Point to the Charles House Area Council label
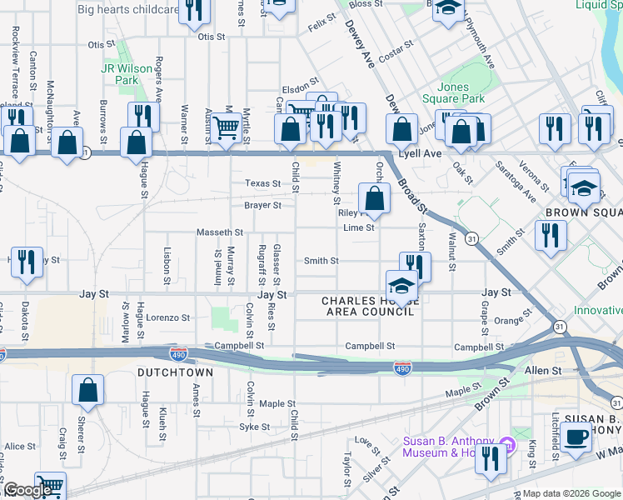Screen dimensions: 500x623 [367, 306]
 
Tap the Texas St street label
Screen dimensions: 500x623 [262, 183]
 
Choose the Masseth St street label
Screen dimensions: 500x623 [219, 232]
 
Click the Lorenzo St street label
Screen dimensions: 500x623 [168, 317]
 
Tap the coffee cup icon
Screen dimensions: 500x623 [576, 436]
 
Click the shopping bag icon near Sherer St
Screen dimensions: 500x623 [88, 389]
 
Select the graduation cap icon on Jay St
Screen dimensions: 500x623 [401, 284]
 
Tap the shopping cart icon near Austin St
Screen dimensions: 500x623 [225, 127]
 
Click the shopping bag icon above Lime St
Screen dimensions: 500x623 [375, 198]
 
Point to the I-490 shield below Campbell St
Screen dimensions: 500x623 [401, 367]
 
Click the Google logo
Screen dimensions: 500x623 [27, 490]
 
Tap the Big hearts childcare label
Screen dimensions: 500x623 [127, 10]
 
